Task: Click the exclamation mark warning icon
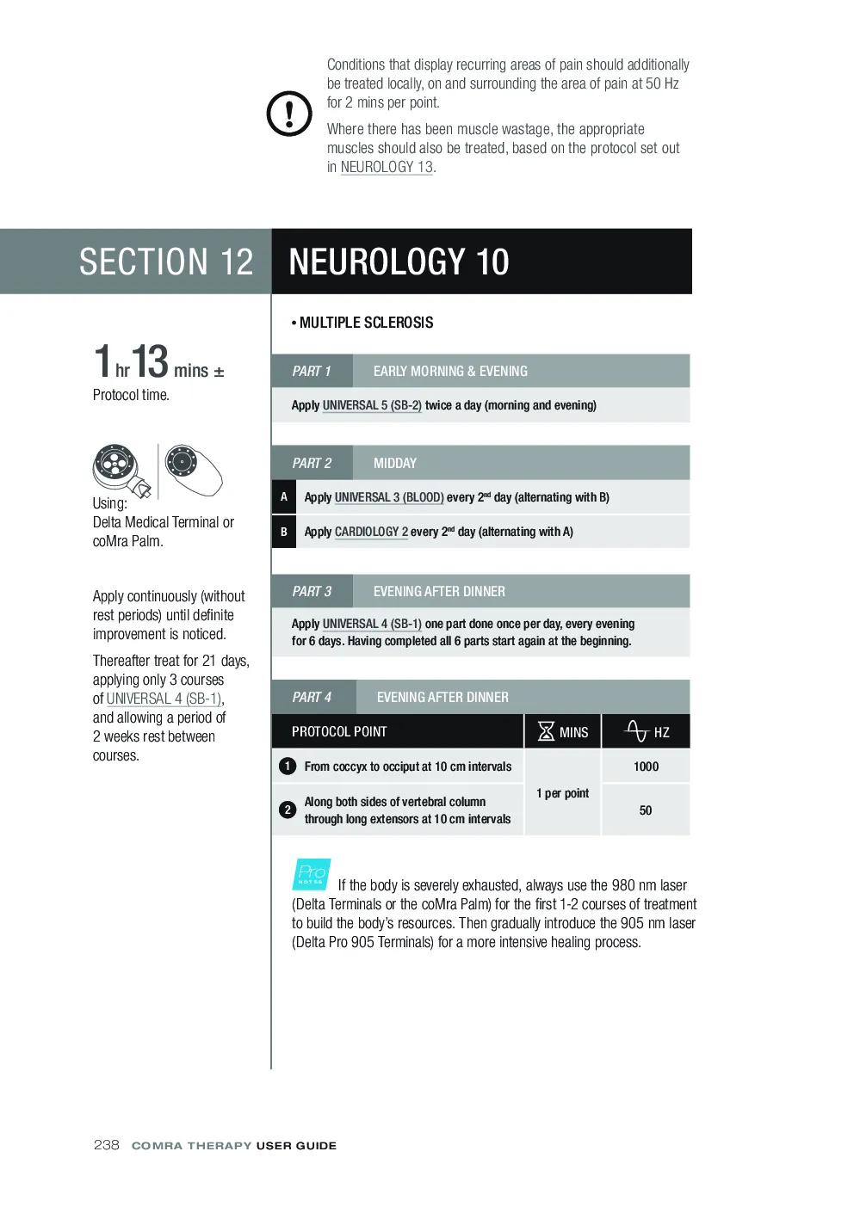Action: click(x=289, y=114)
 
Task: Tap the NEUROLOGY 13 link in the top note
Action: click(x=386, y=167)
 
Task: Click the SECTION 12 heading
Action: click(x=166, y=262)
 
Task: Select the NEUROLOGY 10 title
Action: click(x=399, y=262)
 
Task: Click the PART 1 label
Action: click(x=311, y=371)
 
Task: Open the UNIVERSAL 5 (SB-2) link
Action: click(x=372, y=405)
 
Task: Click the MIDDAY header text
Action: click(x=394, y=463)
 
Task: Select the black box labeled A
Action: click(x=283, y=496)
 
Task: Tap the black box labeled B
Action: click(x=283, y=532)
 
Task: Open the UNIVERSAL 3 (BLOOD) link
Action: click(x=389, y=497)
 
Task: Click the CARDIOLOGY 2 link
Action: click(x=371, y=532)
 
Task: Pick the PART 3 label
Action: click(x=312, y=591)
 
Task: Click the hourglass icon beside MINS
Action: click(x=546, y=731)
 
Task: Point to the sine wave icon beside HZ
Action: click(x=636, y=730)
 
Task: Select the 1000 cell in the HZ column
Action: click(x=646, y=767)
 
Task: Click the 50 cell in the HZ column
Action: click(x=646, y=810)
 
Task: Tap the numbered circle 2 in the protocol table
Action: click(x=288, y=810)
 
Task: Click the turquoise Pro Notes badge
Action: click(x=312, y=874)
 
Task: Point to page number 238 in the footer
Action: click(x=106, y=1145)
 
